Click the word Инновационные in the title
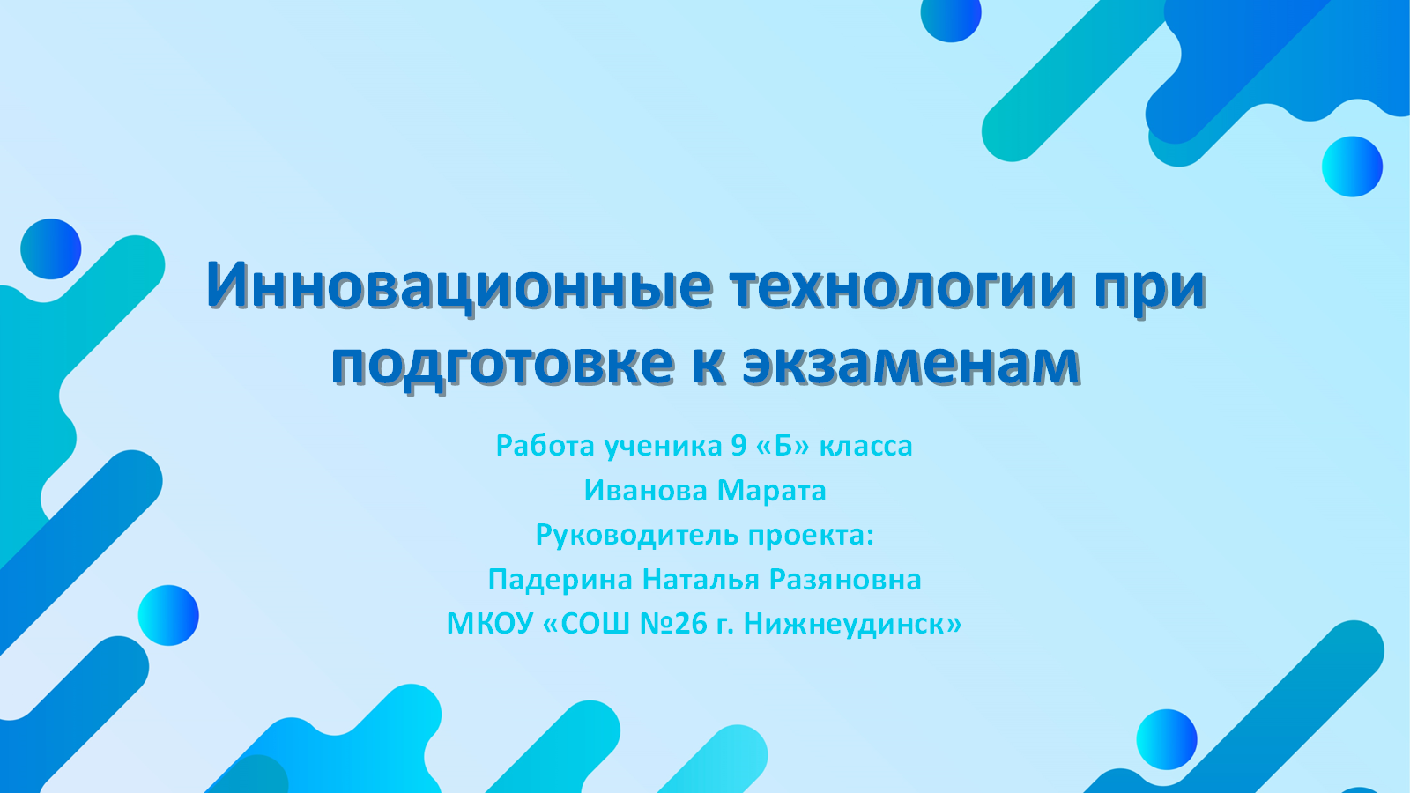(459, 286)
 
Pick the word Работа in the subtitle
(545, 446)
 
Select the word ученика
(664, 447)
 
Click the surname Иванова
(646, 491)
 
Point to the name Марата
(772, 492)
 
